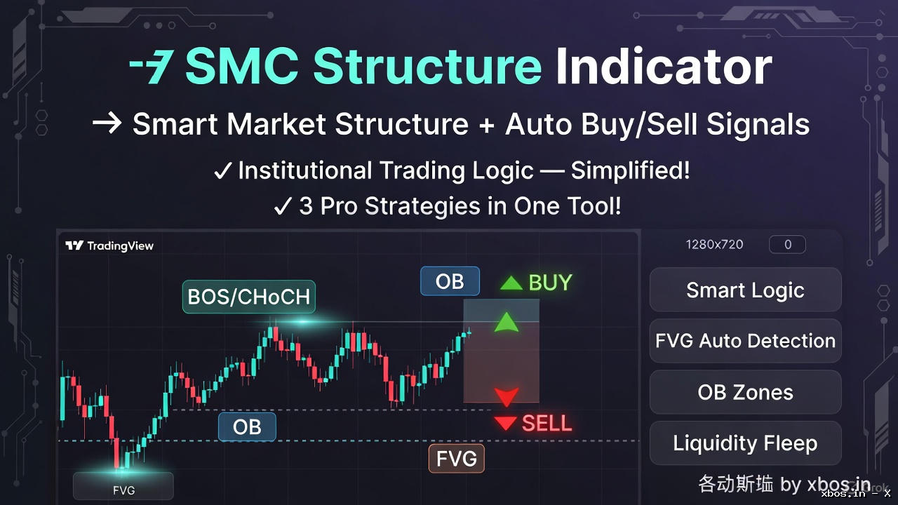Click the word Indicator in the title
(x=663, y=67)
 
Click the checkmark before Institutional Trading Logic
(x=222, y=171)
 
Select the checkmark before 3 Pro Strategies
(x=283, y=206)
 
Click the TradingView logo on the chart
(x=109, y=245)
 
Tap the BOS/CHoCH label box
(x=248, y=297)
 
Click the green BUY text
(x=550, y=283)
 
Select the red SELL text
(x=547, y=423)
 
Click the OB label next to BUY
(x=450, y=281)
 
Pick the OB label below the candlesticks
(x=247, y=426)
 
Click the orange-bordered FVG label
(x=457, y=459)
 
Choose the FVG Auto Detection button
(x=745, y=341)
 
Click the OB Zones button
(x=745, y=392)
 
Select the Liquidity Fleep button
(x=745, y=443)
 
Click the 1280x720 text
(x=714, y=245)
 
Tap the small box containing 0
(x=787, y=245)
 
